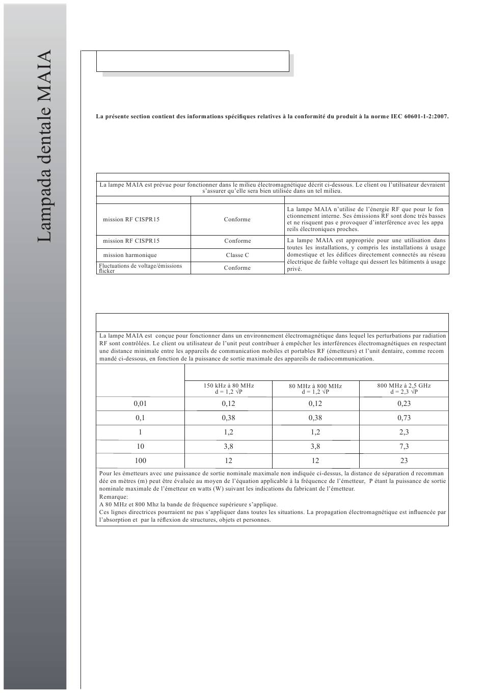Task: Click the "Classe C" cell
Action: pyautogui.click(x=237, y=255)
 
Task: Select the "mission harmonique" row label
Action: pyautogui.click(x=130, y=255)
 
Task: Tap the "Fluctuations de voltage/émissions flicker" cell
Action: pyautogui.click(x=141, y=268)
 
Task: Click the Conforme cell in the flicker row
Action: pyautogui.click(x=237, y=268)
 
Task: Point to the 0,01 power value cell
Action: pyautogui.click(x=140, y=403)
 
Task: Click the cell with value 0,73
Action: pyautogui.click(x=404, y=418)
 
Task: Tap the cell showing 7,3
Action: pyautogui.click(x=404, y=446)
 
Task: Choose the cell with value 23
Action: pyautogui.click(x=404, y=460)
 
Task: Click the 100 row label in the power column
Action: pyautogui.click(x=140, y=460)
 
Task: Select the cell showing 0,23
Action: pyautogui.click(x=404, y=403)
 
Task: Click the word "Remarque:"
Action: pyautogui.click(x=114, y=496)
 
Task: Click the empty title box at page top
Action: pyautogui.click(x=193, y=61)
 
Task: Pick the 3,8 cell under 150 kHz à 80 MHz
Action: pyautogui.click(x=229, y=446)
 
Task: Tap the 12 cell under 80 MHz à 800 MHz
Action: pyautogui.click(x=315, y=460)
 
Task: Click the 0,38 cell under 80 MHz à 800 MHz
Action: pyautogui.click(x=315, y=418)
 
